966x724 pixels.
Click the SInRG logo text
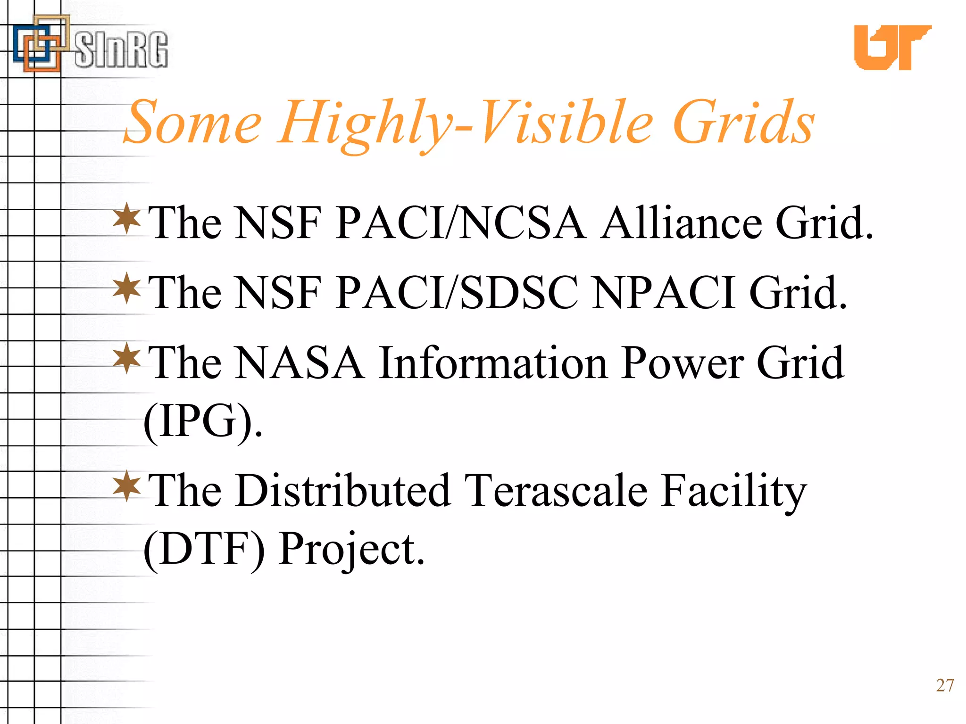(x=121, y=50)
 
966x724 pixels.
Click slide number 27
(x=945, y=685)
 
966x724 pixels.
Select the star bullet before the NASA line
(x=127, y=358)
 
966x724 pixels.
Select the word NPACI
(x=663, y=293)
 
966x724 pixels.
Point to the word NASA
(x=299, y=363)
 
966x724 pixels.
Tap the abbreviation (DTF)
(x=204, y=549)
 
